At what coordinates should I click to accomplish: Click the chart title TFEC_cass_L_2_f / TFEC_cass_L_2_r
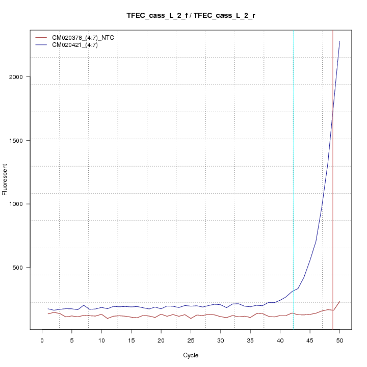click(191, 16)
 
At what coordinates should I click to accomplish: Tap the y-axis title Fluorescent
click(6, 179)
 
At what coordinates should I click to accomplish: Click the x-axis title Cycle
click(191, 355)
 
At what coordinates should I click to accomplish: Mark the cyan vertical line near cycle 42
click(294, 178)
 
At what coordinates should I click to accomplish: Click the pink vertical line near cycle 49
click(333, 178)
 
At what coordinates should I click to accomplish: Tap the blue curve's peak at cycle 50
click(339, 41)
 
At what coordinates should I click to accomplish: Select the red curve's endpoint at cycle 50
click(339, 301)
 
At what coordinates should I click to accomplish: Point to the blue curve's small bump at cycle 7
click(84, 305)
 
